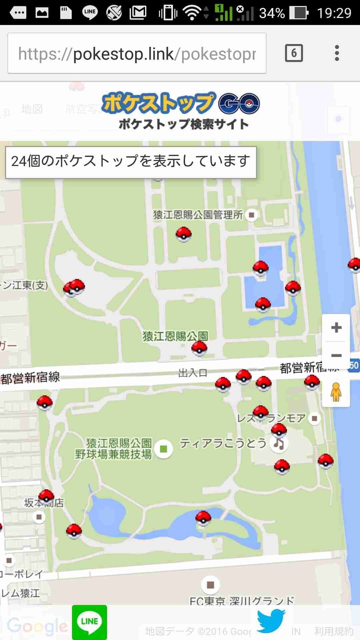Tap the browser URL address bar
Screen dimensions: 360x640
pos(137,53)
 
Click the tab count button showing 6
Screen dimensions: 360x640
pos(294,53)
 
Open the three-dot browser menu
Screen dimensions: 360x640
pos(337,53)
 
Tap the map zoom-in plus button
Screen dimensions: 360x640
pos(336,328)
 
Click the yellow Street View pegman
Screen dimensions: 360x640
pos(336,392)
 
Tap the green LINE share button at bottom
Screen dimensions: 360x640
pos(89,622)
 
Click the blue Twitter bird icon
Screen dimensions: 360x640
pos(271,621)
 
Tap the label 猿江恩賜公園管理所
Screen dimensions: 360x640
pos(198,215)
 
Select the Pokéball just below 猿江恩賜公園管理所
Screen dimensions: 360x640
pos(183,234)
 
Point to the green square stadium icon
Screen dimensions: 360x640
pos(163,449)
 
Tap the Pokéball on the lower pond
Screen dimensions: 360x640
pos(203,518)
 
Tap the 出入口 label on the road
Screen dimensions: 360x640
pos(193,373)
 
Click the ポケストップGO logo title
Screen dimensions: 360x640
pos(181,110)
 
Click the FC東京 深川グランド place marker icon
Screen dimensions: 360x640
pos(210,585)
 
